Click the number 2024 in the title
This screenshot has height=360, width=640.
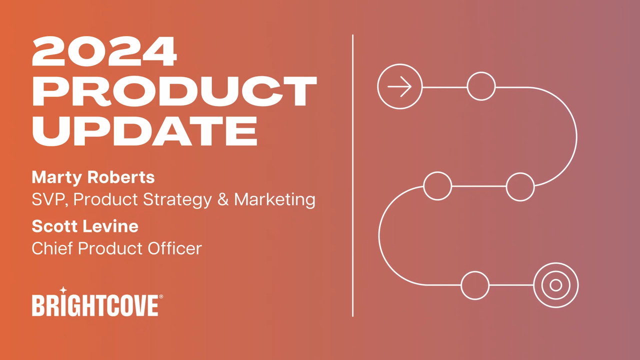click(x=104, y=51)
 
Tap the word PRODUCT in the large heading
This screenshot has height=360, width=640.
click(x=174, y=91)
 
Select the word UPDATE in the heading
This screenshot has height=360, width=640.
click(x=144, y=131)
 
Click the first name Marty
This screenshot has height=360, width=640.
click(x=57, y=177)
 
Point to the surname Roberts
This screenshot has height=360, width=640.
click(x=121, y=177)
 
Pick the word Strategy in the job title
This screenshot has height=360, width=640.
click(x=177, y=199)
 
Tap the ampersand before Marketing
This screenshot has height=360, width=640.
click(x=223, y=199)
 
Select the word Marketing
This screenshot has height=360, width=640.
click(x=275, y=199)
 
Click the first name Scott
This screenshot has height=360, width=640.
click(x=56, y=226)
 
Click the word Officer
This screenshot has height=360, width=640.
click(x=175, y=248)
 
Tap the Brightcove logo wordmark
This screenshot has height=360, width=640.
click(x=95, y=305)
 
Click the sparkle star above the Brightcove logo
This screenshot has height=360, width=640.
click(x=63, y=290)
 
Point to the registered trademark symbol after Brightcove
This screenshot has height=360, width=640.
click(x=161, y=296)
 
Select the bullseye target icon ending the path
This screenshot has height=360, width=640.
click(x=555, y=285)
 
